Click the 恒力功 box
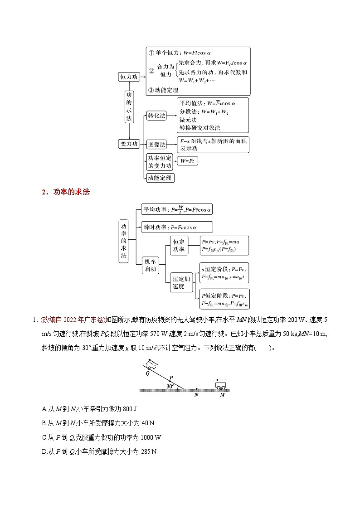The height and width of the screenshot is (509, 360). coord(128,77)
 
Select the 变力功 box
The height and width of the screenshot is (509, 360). coord(128,144)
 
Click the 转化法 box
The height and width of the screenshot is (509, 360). coord(157,116)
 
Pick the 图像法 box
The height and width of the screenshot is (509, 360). coord(157,144)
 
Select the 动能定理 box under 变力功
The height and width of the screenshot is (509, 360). coord(160,178)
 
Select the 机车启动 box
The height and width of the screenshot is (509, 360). coord(151,265)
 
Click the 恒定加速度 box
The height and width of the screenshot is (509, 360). coord(181,282)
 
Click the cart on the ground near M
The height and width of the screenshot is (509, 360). coord(220,386)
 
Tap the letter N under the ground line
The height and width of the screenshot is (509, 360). coord(196,395)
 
